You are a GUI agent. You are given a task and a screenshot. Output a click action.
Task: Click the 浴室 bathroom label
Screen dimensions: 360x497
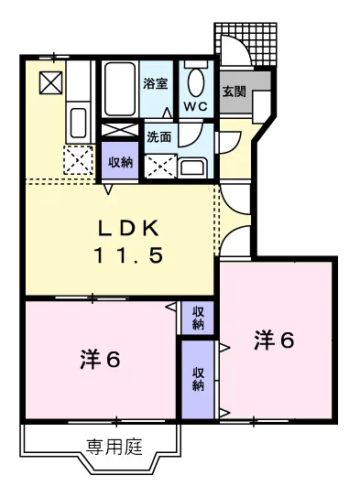pos(155,83)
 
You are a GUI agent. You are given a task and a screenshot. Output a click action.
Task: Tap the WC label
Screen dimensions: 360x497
pos(196,106)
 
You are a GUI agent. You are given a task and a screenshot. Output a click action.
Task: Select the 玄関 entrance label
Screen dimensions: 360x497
pos(235,92)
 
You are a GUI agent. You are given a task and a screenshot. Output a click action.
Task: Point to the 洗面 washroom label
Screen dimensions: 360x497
pos(158,137)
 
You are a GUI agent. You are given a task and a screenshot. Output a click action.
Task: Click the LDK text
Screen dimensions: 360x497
pos(128,228)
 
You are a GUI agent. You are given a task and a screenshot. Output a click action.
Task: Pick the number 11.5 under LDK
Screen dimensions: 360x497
pos(128,255)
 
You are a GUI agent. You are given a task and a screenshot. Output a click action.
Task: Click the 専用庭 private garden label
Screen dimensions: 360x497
pos(115,447)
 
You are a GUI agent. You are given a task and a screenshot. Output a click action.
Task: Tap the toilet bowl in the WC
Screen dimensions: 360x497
pos(196,82)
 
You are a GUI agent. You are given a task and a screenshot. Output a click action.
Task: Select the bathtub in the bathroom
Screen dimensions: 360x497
pos(120,89)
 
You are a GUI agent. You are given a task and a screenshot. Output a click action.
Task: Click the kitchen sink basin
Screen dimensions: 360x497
pos(78,123)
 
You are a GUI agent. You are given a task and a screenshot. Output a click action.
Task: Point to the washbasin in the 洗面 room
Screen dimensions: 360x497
pos(192,167)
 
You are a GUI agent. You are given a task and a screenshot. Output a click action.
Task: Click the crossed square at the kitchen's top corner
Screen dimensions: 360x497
pos(50,82)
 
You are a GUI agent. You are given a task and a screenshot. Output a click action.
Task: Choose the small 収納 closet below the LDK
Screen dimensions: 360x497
pos(198,318)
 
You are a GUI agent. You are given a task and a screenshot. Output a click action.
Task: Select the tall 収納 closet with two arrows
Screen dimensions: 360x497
pos(198,380)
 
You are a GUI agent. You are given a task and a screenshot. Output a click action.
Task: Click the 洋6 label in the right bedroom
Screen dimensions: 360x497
pos(274,340)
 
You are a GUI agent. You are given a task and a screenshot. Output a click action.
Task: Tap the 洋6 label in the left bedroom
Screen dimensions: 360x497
pos(100,360)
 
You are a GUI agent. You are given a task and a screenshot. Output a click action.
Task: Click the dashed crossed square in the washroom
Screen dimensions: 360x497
pos(160,166)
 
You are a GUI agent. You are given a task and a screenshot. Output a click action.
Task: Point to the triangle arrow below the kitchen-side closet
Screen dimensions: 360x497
pos(109,189)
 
